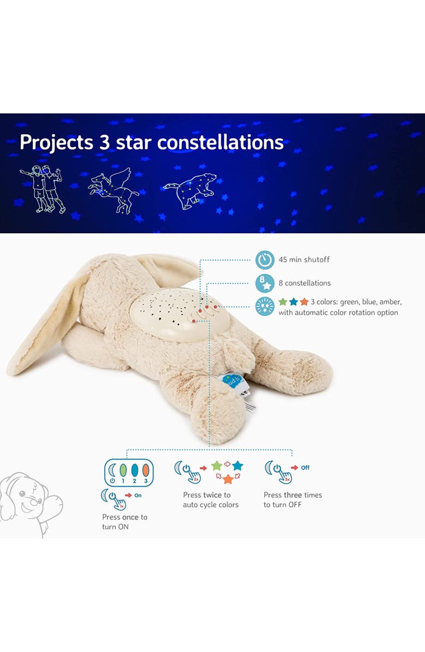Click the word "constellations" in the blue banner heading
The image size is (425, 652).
click(220, 142)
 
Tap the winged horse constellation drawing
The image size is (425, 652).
click(114, 189)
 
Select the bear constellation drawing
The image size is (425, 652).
click(191, 190)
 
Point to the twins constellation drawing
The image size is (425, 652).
click(42, 188)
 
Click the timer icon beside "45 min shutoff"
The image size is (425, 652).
click(265, 259)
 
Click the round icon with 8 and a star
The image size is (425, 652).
click(265, 283)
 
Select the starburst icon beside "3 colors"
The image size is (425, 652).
click(265, 306)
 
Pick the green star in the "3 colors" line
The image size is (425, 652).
click(283, 301)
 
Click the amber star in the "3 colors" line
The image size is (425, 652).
click(304, 301)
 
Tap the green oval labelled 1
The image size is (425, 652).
click(123, 469)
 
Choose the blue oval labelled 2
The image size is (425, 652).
click(135, 469)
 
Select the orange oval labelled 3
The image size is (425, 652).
click(146, 469)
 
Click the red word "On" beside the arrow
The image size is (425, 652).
click(138, 496)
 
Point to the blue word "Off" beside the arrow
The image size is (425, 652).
click(305, 468)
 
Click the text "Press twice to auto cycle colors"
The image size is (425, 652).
click(211, 500)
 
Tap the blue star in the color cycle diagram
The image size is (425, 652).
click(238, 466)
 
